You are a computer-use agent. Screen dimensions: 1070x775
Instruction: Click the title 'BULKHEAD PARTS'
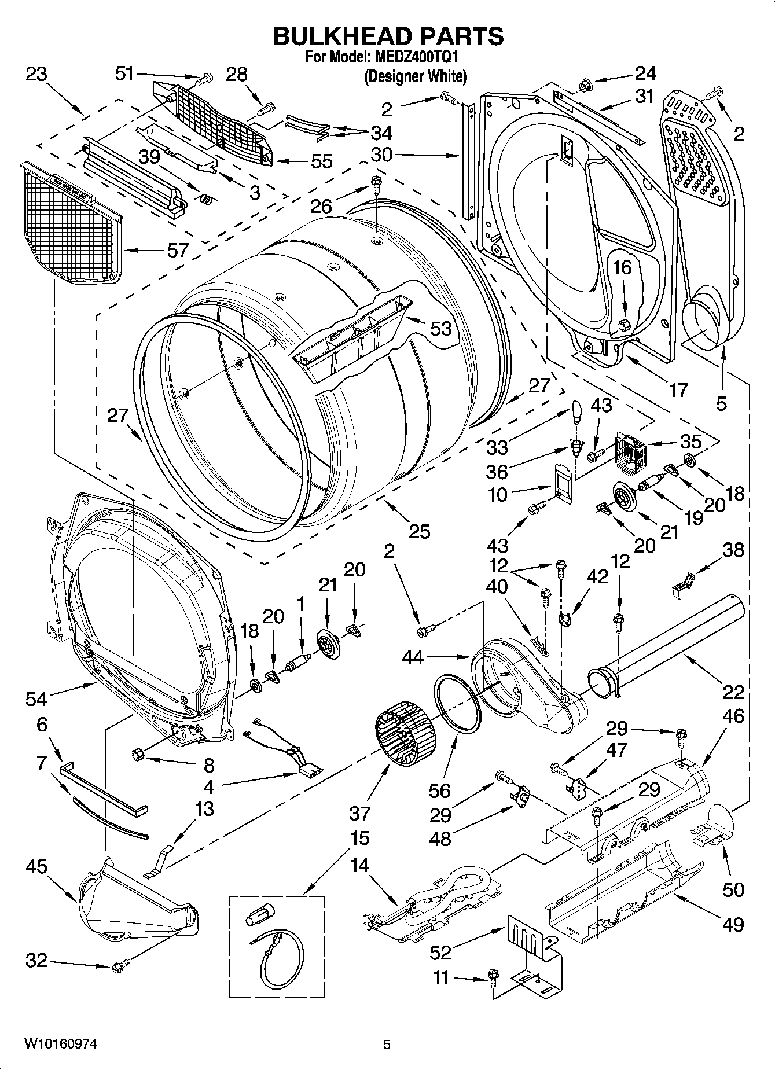388,36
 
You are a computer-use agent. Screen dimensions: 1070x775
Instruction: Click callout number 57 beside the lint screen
178,250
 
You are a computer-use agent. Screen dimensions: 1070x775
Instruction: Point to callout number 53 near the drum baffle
440,328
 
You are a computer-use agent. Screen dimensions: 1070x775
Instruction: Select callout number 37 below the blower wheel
359,813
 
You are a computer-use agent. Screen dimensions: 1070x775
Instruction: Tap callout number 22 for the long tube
733,692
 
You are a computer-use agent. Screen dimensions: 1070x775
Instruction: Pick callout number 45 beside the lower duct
36,867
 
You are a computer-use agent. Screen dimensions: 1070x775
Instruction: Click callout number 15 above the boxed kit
359,837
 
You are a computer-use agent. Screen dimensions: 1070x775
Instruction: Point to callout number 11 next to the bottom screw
441,977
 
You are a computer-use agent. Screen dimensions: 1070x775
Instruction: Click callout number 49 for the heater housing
733,924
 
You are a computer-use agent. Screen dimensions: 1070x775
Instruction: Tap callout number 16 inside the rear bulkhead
622,267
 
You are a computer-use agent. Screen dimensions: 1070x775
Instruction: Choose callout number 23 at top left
36,75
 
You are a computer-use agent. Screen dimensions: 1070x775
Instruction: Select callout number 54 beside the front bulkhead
36,699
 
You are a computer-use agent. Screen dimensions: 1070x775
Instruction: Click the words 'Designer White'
414,76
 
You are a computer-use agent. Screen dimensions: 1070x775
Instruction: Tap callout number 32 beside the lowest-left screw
36,961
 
